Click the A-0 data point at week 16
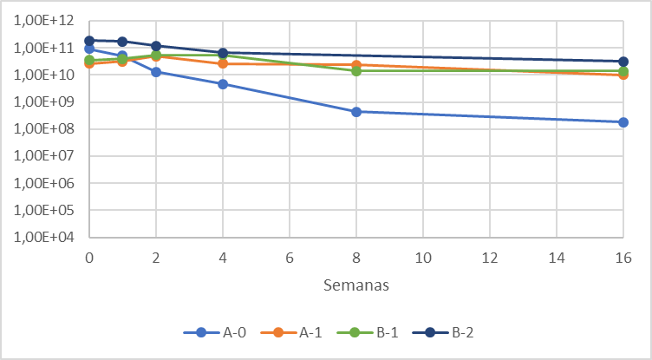[623, 122]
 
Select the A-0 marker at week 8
[356, 112]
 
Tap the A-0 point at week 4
[223, 84]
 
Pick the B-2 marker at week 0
[89, 41]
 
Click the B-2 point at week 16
[623, 62]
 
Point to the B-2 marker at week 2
[156, 46]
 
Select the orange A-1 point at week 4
[223, 63]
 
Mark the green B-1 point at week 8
[356, 71]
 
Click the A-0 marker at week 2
[156, 72]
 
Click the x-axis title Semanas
[356, 285]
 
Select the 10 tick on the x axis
[423, 258]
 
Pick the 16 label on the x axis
[623, 258]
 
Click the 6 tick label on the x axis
[290, 258]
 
